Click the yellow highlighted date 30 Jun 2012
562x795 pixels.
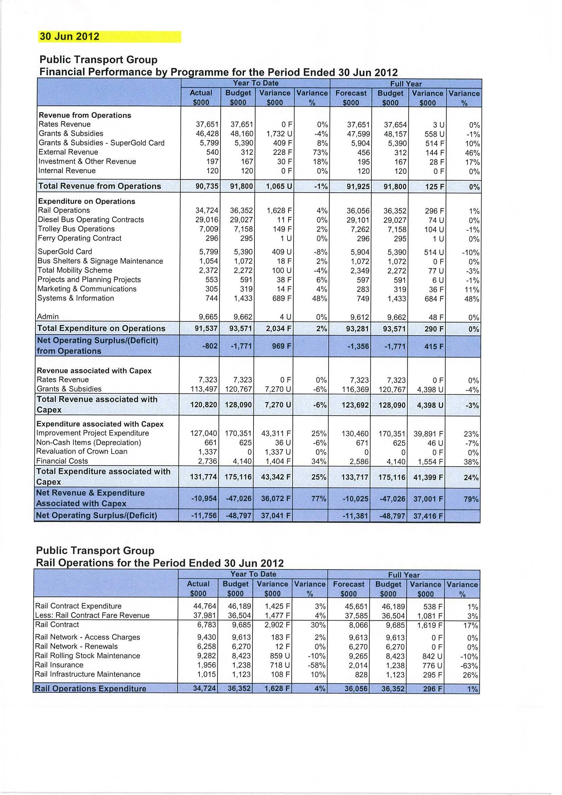(x=70, y=37)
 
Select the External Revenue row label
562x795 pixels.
(x=68, y=152)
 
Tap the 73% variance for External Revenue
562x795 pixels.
(x=320, y=153)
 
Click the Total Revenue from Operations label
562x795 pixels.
(x=100, y=186)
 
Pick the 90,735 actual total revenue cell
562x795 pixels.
(x=207, y=186)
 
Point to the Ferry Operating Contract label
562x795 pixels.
(x=80, y=238)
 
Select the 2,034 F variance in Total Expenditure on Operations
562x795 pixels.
(x=278, y=329)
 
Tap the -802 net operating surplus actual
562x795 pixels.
(x=210, y=346)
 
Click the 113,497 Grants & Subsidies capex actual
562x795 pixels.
(x=204, y=389)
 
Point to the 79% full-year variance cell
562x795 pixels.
(x=471, y=499)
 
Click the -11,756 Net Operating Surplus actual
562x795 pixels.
(x=204, y=516)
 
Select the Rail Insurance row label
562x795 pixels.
(x=59, y=665)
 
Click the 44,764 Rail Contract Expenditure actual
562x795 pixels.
(x=204, y=606)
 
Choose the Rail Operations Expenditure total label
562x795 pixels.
(x=90, y=689)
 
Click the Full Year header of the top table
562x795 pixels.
(x=406, y=84)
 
